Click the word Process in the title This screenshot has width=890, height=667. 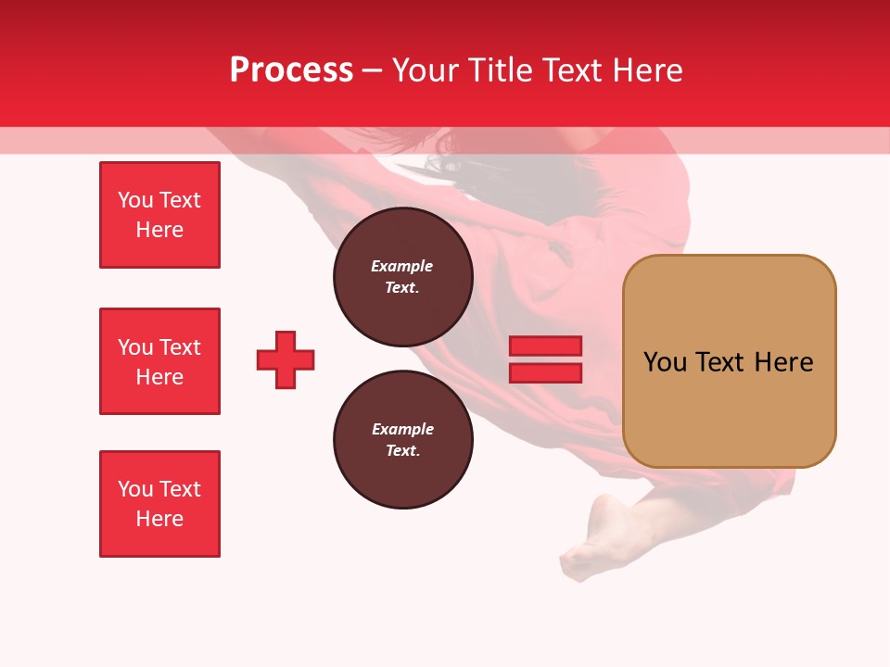click(291, 70)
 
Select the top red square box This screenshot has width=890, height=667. click(159, 215)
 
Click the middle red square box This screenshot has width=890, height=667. click(159, 361)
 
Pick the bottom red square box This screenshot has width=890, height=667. click(159, 504)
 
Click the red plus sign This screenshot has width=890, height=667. click(286, 359)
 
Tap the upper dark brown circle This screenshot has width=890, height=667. click(402, 277)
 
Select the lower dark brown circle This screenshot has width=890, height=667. click(402, 440)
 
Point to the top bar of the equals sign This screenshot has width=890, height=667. click(545, 346)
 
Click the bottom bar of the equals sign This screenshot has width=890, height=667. click(545, 372)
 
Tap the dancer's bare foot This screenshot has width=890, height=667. click(593, 537)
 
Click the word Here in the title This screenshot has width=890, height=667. click(649, 70)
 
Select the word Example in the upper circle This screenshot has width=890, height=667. click(402, 266)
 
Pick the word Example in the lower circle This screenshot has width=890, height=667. click(402, 429)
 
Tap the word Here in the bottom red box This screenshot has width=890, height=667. click(159, 519)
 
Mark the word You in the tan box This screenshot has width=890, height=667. click(665, 362)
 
